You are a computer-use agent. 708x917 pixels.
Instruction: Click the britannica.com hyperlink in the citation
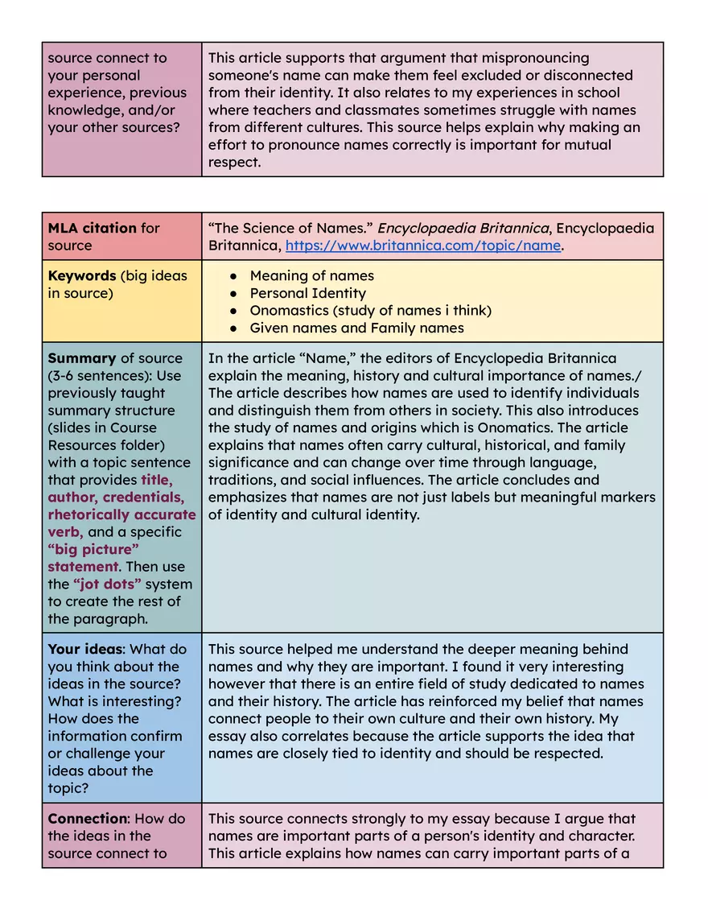pos(422,246)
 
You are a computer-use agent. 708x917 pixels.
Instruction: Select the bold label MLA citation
pos(92,228)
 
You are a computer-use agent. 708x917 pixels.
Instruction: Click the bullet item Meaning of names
pos(311,275)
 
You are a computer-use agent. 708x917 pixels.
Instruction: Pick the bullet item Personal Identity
pos(307,293)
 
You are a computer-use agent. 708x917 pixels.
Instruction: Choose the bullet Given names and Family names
pos(356,328)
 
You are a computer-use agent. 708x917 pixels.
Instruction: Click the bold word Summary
pos(81,358)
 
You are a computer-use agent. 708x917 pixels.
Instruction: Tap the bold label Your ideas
pos(85,649)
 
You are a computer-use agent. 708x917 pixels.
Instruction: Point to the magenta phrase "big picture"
pos(93,549)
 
